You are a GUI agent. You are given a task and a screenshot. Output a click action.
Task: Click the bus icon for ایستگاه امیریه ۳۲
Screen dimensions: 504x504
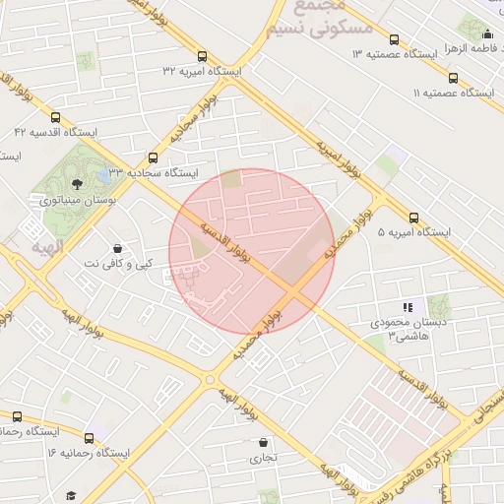[x=203, y=57]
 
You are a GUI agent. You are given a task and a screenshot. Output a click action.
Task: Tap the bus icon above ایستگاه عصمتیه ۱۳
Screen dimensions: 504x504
[x=394, y=40]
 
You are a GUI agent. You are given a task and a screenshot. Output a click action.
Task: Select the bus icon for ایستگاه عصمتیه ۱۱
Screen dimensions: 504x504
[x=453, y=78]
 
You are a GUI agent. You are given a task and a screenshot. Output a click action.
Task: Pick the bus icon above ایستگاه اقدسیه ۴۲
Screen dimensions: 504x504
[x=54, y=117]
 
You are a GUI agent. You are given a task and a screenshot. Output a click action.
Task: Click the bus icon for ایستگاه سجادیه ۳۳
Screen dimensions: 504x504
[x=153, y=157]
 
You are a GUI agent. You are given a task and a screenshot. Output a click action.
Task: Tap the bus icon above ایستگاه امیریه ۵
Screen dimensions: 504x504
[x=413, y=219]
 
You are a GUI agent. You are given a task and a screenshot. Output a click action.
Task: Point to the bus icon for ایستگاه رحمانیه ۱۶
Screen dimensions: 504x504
[x=90, y=438]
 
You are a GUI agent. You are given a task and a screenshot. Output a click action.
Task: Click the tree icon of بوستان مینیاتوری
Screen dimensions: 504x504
[x=78, y=184]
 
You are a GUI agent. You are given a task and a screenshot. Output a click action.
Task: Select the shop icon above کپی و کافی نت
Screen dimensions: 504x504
[x=118, y=249]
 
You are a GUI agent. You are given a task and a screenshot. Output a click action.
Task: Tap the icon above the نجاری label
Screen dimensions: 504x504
[x=262, y=442]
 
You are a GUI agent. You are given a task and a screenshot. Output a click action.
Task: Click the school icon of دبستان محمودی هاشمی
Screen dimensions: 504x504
[x=408, y=308]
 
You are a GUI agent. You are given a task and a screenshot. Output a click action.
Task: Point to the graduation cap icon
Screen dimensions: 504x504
[x=70, y=495]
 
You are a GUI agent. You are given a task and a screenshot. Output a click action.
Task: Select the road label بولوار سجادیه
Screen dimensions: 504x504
[x=193, y=123]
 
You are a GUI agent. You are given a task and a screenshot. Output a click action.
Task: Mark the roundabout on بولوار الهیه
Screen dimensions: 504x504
[x=209, y=378]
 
